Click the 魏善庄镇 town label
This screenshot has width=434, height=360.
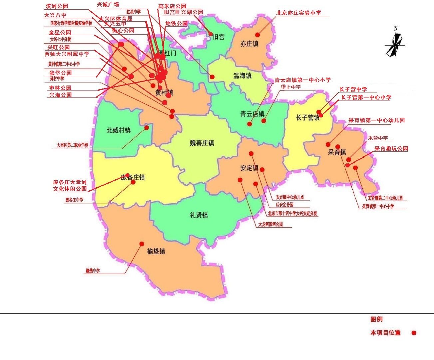click(202, 143)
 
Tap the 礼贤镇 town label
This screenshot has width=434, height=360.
click(199, 215)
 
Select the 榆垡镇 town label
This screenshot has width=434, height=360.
click(156, 251)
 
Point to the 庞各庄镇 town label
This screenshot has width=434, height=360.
click(133, 177)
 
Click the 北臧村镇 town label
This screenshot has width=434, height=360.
click(119, 130)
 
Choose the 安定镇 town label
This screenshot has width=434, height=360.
click(249, 168)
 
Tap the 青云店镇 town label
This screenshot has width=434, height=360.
click(252, 114)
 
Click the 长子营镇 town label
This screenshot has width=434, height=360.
click(307, 117)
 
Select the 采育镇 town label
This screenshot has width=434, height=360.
click(337, 152)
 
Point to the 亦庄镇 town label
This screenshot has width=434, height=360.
click(249, 44)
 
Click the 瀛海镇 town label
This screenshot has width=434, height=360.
click(242, 76)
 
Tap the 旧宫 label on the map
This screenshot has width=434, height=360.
click(218, 37)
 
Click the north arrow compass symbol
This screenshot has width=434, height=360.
click(395, 44)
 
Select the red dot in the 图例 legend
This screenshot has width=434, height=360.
click(414, 333)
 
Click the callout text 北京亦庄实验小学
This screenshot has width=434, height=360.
click(299, 13)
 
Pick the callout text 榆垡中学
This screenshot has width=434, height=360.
click(93, 271)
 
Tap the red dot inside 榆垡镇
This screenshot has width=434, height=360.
click(142, 244)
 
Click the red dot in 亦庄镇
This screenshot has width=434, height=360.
click(257, 35)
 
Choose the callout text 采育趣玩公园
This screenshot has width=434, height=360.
click(391, 149)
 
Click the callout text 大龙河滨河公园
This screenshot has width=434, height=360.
click(270, 224)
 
